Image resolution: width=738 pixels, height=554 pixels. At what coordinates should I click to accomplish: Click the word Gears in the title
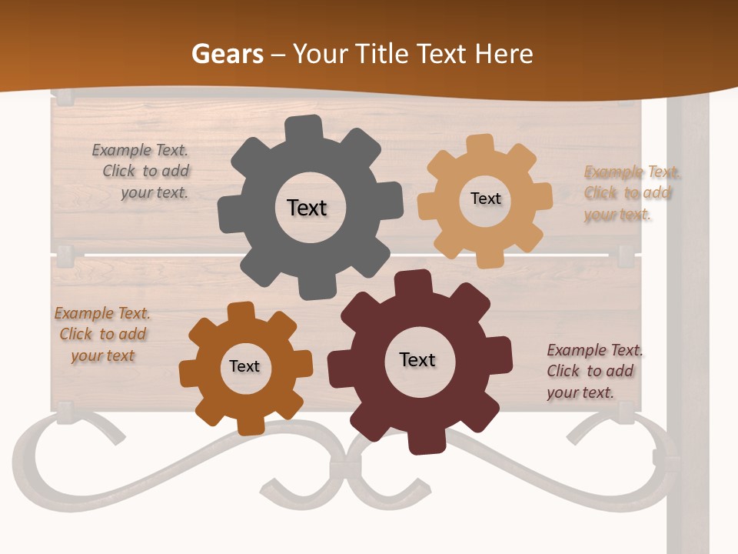227,54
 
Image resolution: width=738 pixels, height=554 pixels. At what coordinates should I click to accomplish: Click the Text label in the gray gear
307,208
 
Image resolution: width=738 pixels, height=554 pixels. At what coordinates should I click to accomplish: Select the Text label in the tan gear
485,199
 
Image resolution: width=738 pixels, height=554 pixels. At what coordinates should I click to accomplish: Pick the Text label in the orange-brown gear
244,366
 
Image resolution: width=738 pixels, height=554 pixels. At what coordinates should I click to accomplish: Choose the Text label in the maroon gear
417,359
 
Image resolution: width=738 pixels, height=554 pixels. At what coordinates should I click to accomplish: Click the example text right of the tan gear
630,192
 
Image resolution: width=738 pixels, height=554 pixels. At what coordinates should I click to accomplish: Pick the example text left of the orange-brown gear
102,334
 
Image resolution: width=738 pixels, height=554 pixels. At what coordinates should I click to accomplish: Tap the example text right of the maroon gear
593,371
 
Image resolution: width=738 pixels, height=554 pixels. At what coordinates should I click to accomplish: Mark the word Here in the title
504,54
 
